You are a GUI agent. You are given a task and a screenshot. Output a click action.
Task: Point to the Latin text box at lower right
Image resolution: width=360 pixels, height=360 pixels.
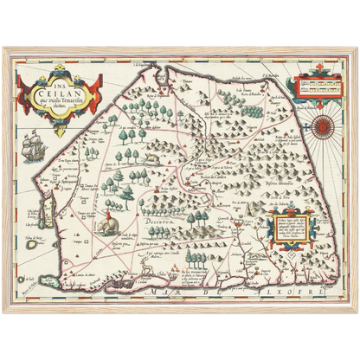[x=295, y=234]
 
